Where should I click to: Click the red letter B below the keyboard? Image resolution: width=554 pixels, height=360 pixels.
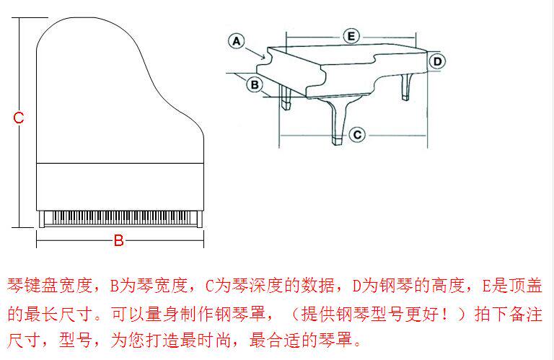pos(119,241)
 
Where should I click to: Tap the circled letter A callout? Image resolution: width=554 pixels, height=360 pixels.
pos(237,41)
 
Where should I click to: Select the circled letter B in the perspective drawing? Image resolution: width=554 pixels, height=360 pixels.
pos(254,84)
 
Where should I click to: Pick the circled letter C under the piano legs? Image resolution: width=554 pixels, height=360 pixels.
pos(357,134)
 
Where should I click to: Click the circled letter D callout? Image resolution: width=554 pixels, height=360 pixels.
pos(437,61)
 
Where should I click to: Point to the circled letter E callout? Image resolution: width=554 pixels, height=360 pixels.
pos(350,35)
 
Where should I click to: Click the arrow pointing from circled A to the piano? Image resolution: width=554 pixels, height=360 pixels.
pos(256,50)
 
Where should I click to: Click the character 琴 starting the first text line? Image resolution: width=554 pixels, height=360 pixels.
pos(16,286)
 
